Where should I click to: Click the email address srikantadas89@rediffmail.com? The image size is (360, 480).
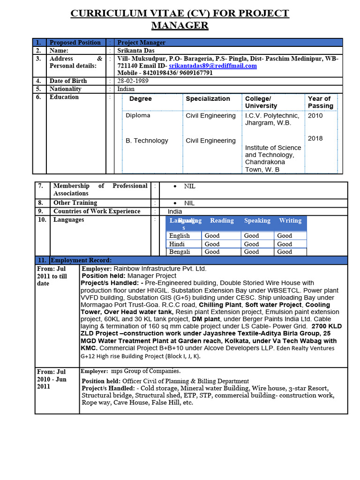[x=213, y=66]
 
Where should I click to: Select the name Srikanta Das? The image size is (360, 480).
[x=136, y=51]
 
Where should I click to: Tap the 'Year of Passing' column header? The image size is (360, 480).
[x=321, y=102]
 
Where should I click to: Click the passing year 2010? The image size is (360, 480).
[x=315, y=116]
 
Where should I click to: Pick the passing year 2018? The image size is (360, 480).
[x=315, y=138]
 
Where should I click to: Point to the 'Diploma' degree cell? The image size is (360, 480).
[x=138, y=116]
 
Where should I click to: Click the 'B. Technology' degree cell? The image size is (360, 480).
[x=147, y=141]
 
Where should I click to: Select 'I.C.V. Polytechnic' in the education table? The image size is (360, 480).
[x=272, y=116]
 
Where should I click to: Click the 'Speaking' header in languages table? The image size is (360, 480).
[x=257, y=221]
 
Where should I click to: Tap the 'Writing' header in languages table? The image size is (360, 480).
[x=290, y=221]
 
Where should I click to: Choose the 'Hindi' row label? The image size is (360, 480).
[x=177, y=244]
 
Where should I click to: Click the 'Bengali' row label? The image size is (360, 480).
[x=180, y=252]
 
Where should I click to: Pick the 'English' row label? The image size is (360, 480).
[x=180, y=236]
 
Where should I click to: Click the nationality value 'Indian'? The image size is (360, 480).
[x=126, y=89]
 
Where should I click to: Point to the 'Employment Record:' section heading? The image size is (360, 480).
[x=81, y=260]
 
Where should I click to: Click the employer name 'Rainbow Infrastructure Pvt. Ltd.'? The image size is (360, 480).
[x=160, y=269]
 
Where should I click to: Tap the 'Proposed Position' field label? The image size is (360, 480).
[x=75, y=43]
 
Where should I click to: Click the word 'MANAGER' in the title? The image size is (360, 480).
[x=180, y=25]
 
